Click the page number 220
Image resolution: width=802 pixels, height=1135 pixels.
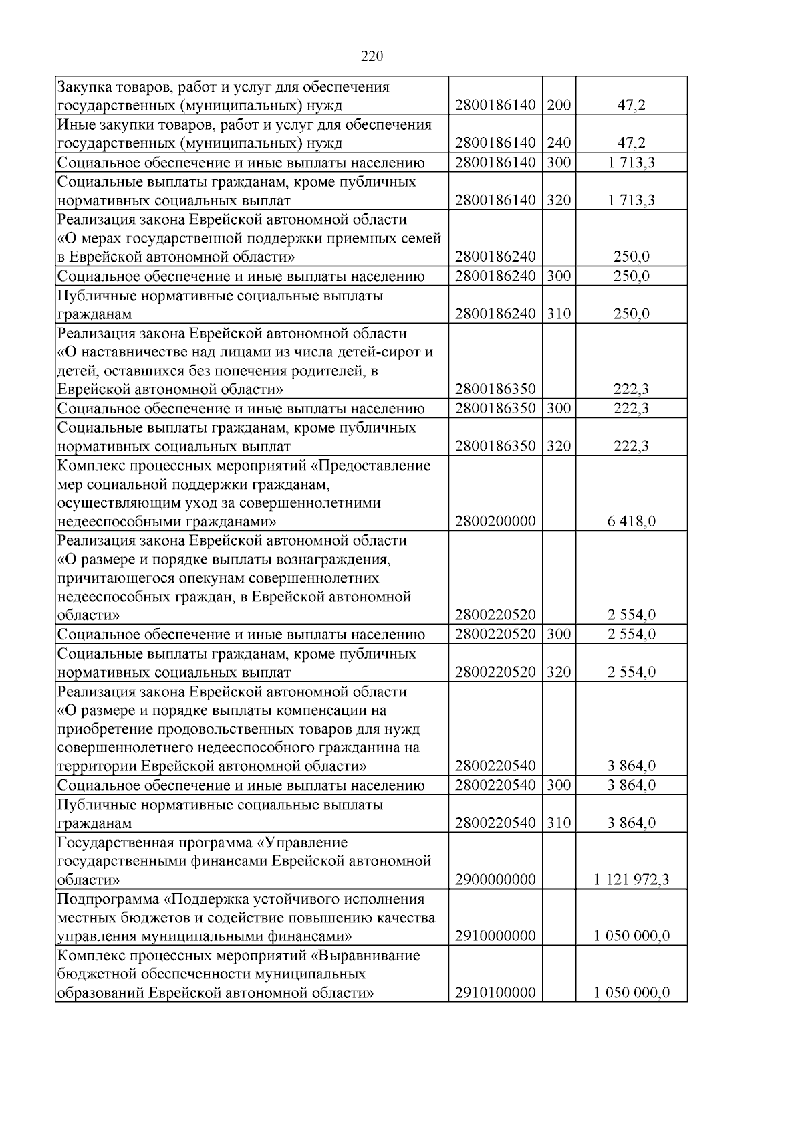(372, 57)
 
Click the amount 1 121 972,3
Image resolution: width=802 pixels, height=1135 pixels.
(631, 880)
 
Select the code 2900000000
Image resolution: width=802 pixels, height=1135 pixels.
(495, 880)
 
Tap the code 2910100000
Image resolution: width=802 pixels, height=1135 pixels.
(495, 993)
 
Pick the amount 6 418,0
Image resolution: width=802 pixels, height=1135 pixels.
(631, 521)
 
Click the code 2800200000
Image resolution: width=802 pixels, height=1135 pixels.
(495, 521)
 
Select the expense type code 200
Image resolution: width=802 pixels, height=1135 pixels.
(559, 105)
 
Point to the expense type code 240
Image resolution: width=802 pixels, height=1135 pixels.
(559, 142)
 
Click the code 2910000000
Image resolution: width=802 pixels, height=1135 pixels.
(495, 936)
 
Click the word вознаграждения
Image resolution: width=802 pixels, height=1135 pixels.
(342, 559)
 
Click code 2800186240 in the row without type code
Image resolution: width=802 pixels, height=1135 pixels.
(495, 257)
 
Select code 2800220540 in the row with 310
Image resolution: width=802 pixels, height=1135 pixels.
(495, 823)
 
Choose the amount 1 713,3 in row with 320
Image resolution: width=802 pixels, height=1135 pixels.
(631, 200)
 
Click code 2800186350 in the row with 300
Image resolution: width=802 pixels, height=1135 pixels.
(495, 409)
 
